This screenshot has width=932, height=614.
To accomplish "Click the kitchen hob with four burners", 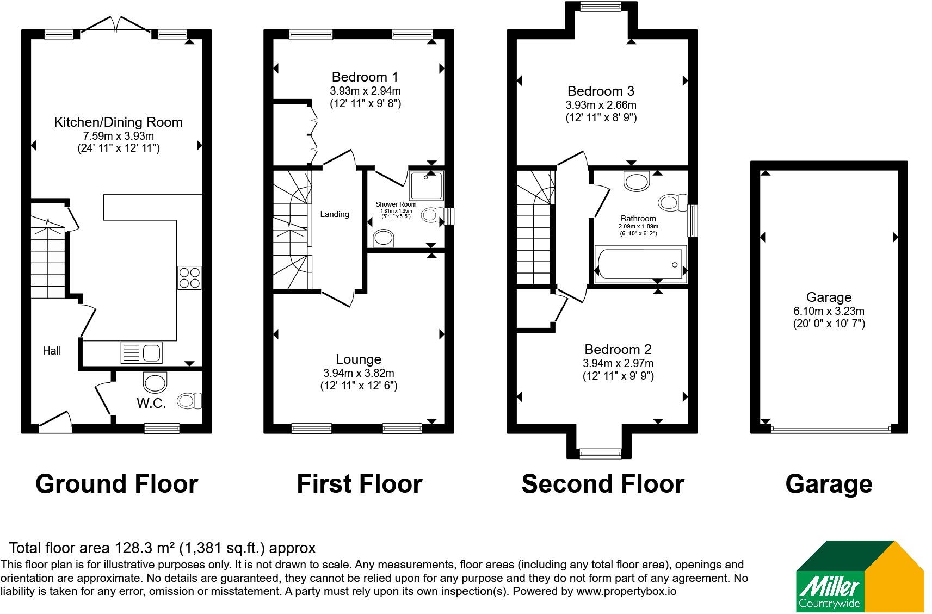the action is [x=190, y=278].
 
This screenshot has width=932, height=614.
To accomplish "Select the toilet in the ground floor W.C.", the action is [x=189, y=401].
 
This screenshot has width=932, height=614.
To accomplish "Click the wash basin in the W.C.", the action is [x=155, y=382].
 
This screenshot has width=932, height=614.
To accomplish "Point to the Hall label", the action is [x=52, y=351].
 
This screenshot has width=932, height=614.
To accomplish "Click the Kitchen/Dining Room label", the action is [x=119, y=122].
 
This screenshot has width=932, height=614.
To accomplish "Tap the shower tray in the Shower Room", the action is [x=427, y=185].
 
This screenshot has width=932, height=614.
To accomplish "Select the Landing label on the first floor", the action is [x=335, y=214].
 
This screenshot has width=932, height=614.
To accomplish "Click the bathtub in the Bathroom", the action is [x=640, y=264].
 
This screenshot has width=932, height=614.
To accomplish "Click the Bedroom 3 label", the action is [x=601, y=91].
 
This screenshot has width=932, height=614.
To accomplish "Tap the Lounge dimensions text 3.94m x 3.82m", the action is [x=359, y=373].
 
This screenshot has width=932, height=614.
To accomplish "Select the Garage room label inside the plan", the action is [x=829, y=297].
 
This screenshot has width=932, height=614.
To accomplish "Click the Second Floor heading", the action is [x=603, y=484].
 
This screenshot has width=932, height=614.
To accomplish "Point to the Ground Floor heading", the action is [x=116, y=484].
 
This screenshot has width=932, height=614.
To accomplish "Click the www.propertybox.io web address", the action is [x=626, y=591].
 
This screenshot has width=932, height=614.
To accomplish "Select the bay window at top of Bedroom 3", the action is [x=601, y=6].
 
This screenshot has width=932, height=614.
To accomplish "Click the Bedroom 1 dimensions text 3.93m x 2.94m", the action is [x=365, y=91].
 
